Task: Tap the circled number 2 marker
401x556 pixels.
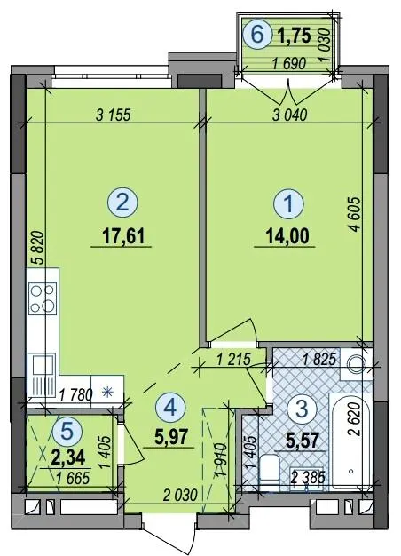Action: tap(122, 203)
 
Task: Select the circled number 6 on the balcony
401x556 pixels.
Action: tap(257, 35)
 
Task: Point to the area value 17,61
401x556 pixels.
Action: tap(123, 236)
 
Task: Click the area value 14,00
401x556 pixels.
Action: tap(287, 236)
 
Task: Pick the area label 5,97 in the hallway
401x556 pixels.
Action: tap(170, 437)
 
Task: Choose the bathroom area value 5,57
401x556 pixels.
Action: tap(302, 441)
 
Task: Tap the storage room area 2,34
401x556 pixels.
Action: tap(68, 457)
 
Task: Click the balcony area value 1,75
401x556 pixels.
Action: tap(295, 36)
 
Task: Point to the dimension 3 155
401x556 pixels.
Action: tap(114, 115)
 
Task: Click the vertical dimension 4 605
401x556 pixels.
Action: tap(355, 214)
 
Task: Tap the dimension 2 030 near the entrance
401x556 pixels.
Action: tap(180, 495)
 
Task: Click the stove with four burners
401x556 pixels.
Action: tap(43, 298)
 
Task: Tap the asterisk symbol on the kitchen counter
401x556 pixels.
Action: tap(107, 393)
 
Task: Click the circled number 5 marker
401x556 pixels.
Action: tap(67, 431)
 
